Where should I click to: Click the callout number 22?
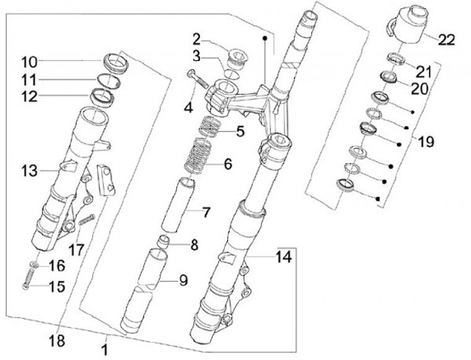(x=446, y=40)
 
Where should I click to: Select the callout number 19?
(x=427, y=141)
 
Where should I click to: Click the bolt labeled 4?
(x=198, y=79)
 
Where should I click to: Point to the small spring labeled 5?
(x=210, y=126)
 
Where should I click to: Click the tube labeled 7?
(x=178, y=206)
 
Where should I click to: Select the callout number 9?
(x=183, y=280)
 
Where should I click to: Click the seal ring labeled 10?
(x=116, y=64)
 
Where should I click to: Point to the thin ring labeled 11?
(x=109, y=81)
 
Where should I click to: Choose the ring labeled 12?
(x=102, y=97)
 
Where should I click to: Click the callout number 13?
(x=29, y=171)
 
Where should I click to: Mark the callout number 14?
(x=283, y=257)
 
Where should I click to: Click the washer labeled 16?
(x=35, y=265)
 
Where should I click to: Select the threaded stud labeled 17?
(x=86, y=220)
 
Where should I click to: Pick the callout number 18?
(x=57, y=341)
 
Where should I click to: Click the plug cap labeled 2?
(x=234, y=59)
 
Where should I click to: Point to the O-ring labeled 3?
(x=232, y=74)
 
